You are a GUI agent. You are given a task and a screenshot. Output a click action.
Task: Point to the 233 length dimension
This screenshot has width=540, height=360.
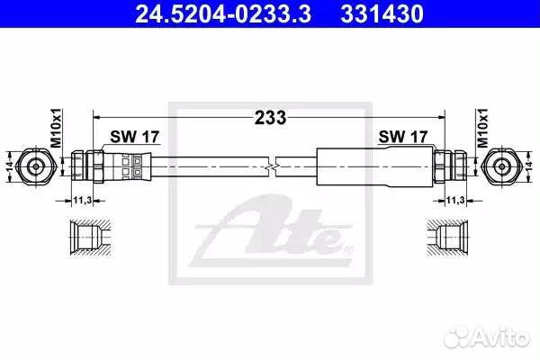(269, 116)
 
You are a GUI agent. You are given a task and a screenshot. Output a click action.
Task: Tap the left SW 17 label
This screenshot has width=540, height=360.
(131, 137)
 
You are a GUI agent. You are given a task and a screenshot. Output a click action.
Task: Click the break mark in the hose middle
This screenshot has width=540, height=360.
(273, 166)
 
